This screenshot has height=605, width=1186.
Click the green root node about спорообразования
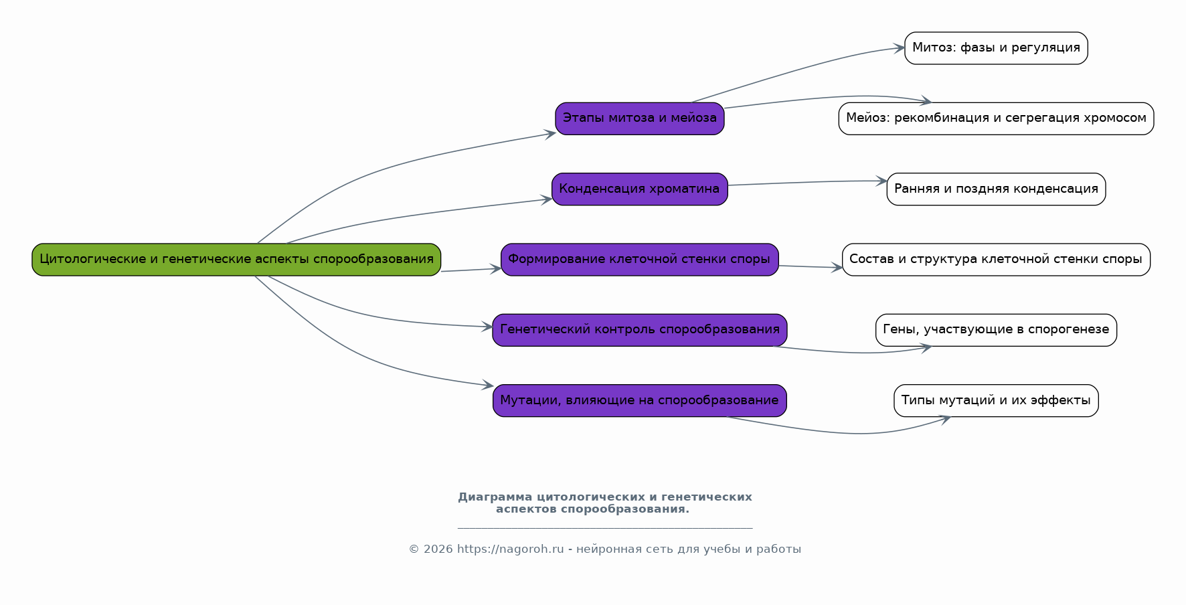tap(236, 260)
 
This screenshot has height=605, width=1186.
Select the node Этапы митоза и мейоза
tap(640, 118)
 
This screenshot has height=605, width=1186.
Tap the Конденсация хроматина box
tap(640, 189)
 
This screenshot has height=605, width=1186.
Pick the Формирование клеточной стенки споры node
tap(640, 260)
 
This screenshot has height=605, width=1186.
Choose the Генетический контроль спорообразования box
tap(640, 330)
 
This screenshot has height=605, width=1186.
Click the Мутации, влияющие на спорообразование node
tap(640, 400)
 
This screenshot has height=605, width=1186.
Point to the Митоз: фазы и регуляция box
tap(996, 48)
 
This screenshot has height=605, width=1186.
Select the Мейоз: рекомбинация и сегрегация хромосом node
tap(996, 118)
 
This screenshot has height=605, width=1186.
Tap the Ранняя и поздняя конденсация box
tap(996, 189)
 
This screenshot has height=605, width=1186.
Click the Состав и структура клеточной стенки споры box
tap(996, 260)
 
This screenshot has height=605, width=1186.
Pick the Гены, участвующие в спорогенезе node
tap(996, 330)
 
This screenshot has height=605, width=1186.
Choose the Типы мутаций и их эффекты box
tap(996, 400)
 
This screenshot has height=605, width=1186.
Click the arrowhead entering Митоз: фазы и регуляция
tap(900, 48)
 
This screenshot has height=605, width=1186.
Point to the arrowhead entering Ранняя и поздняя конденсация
tap(881, 181)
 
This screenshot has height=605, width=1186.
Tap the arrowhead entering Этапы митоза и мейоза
tap(550, 134)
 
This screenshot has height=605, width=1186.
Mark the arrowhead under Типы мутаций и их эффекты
tap(945, 420)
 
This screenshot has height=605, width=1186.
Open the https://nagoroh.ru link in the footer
tap(511, 549)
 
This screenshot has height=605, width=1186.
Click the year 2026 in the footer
tap(438, 549)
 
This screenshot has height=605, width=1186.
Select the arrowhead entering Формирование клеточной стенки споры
tap(496, 268)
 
